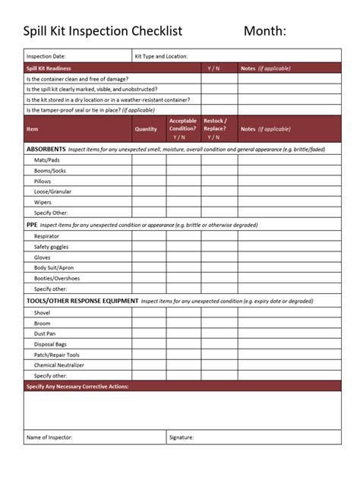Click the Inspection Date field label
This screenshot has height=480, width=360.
(46, 56)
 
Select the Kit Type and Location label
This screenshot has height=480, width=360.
(161, 56)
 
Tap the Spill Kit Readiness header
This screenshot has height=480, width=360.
(49, 68)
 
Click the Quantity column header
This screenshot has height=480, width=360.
(146, 129)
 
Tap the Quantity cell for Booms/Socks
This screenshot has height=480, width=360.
(149, 171)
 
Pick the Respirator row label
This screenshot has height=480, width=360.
(47, 236)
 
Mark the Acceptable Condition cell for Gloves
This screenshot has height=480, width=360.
(183, 257)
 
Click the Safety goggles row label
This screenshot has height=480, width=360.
(52, 247)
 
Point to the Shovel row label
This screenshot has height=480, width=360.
(43, 312)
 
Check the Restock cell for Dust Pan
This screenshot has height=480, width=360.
(219, 333)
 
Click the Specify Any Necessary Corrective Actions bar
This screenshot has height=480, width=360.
(77, 387)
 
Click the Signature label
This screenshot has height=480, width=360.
(182, 437)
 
